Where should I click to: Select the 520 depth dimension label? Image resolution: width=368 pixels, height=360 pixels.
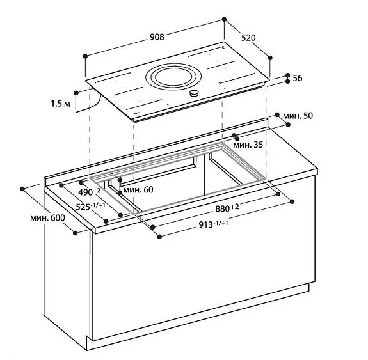248,38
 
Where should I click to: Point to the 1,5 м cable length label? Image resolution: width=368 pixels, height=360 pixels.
61,103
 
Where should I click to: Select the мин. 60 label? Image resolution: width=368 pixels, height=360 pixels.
138,189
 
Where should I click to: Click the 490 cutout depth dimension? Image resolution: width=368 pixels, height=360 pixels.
90,192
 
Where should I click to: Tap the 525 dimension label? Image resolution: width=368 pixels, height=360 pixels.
89,207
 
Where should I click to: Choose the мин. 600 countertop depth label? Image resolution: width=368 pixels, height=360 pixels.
47,217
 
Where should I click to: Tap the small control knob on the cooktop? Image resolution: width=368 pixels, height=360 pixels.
195,94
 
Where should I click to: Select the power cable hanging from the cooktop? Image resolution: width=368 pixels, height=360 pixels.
88,102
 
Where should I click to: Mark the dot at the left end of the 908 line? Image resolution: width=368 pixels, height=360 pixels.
84,56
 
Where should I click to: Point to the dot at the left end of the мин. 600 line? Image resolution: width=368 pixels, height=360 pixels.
22,189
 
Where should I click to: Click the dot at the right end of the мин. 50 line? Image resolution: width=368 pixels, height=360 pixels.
276,116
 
